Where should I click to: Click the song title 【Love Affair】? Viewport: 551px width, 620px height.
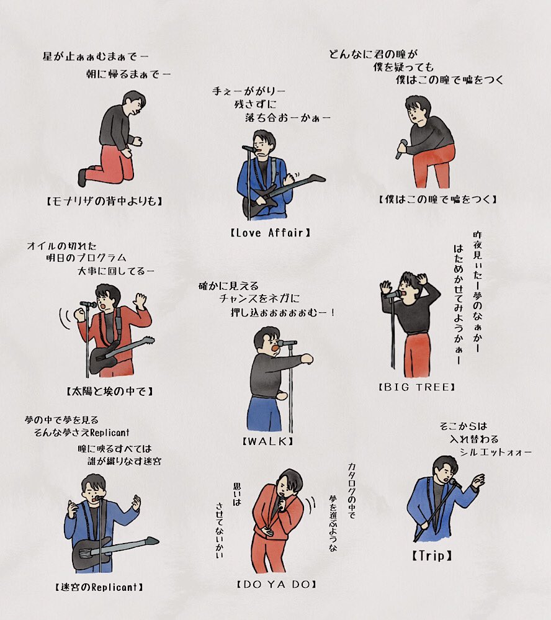[x=271, y=233]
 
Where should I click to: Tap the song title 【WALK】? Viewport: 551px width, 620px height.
[x=268, y=441]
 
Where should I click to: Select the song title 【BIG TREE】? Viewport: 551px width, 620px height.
[x=417, y=387]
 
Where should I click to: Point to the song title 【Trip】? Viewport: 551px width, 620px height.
[x=432, y=555]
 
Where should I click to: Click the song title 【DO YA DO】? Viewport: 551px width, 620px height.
[x=277, y=584]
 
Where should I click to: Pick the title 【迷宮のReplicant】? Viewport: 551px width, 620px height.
[x=99, y=587]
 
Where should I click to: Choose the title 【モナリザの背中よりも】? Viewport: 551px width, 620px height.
[x=104, y=201]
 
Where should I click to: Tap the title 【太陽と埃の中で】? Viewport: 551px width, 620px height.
[x=109, y=392]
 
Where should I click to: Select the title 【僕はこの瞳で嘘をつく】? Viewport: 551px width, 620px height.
[x=437, y=199]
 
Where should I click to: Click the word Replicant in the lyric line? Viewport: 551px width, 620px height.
[x=110, y=433]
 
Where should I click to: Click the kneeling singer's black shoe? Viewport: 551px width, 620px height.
[x=82, y=177]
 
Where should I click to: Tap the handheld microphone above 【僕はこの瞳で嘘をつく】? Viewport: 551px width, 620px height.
[x=401, y=149]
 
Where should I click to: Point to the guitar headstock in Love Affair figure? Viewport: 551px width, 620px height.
[x=316, y=177]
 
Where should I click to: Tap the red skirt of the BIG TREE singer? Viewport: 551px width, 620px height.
[x=416, y=354]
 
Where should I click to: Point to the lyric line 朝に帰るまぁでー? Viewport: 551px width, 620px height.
[x=128, y=74]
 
